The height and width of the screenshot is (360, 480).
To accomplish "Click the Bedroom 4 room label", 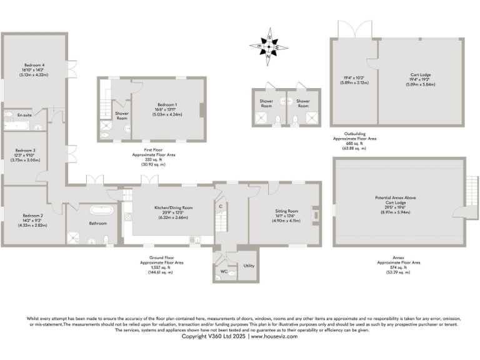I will click(x=35, y=65).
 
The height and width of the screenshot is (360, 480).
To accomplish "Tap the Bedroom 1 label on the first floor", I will click(x=167, y=104).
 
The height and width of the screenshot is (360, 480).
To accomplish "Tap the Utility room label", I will click(x=249, y=266).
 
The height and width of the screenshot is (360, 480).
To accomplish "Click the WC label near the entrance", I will click(x=224, y=272).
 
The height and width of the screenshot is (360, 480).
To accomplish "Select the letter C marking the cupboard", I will click(x=221, y=207).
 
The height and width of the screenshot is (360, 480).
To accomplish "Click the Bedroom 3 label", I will click(x=26, y=151).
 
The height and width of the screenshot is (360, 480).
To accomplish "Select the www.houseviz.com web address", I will click(x=274, y=336).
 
